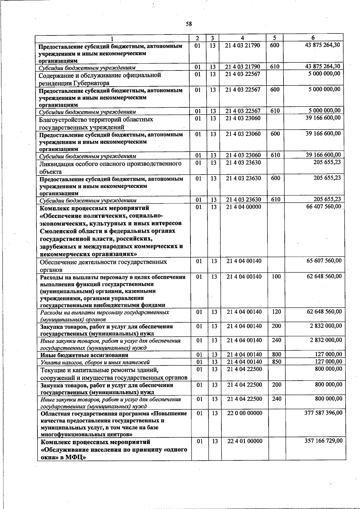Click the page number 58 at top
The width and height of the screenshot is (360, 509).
pos(188,24)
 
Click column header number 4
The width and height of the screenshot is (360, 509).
pos(242,38)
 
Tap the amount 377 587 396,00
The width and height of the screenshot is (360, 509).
pos(323,413)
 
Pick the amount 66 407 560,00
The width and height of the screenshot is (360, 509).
pos(323,206)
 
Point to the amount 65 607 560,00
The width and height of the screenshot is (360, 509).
pos(324,261)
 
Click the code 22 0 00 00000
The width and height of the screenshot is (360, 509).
pos(244,413)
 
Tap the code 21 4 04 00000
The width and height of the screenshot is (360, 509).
pos(244,207)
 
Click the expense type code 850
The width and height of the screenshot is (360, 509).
pos(276,362)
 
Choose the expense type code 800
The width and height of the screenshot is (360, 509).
pos(276,355)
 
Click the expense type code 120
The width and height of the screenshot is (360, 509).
pos(276,312)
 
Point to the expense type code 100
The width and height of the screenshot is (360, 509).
pos(276,276)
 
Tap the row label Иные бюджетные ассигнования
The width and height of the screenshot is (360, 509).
pos(84,355)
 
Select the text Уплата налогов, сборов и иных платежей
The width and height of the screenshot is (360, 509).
pos(95,362)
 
